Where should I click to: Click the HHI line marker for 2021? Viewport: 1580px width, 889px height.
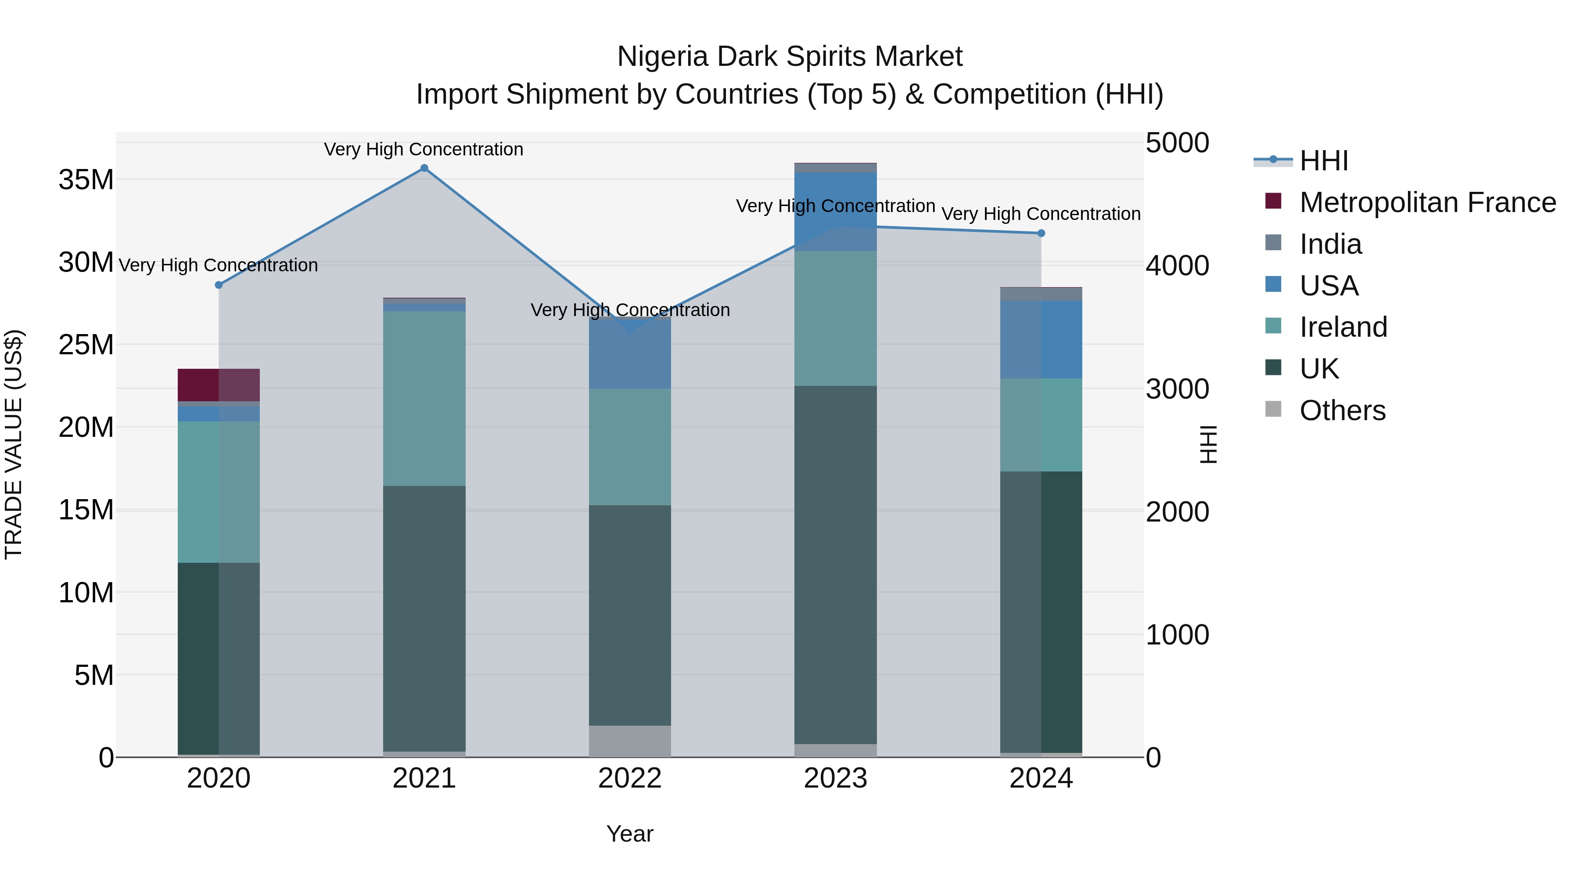click(424, 168)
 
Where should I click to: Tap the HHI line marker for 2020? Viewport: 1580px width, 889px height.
click(219, 284)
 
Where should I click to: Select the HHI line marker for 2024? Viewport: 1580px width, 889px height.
click(1041, 233)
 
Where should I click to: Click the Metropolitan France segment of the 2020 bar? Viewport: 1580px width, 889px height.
click(219, 385)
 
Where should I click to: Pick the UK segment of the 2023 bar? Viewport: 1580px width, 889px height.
click(835, 565)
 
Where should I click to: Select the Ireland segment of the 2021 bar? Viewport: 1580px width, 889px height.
click(424, 399)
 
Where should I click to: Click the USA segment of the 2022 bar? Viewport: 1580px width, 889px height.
click(630, 355)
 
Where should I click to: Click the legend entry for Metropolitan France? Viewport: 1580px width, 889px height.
click(1427, 202)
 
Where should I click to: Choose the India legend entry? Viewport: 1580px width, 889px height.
click(1330, 244)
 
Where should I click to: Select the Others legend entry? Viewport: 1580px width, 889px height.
click(1342, 410)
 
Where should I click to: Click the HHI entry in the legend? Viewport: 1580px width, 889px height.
click(1324, 161)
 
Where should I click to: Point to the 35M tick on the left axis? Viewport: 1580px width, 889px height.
click(86, 180)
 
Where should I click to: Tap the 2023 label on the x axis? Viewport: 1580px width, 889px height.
click(835, 778)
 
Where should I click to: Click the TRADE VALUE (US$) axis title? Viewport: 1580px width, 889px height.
click(14, 444)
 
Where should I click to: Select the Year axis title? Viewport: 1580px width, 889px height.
click(630, 834)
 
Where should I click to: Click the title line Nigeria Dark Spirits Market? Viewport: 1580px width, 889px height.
click(790, 57)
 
